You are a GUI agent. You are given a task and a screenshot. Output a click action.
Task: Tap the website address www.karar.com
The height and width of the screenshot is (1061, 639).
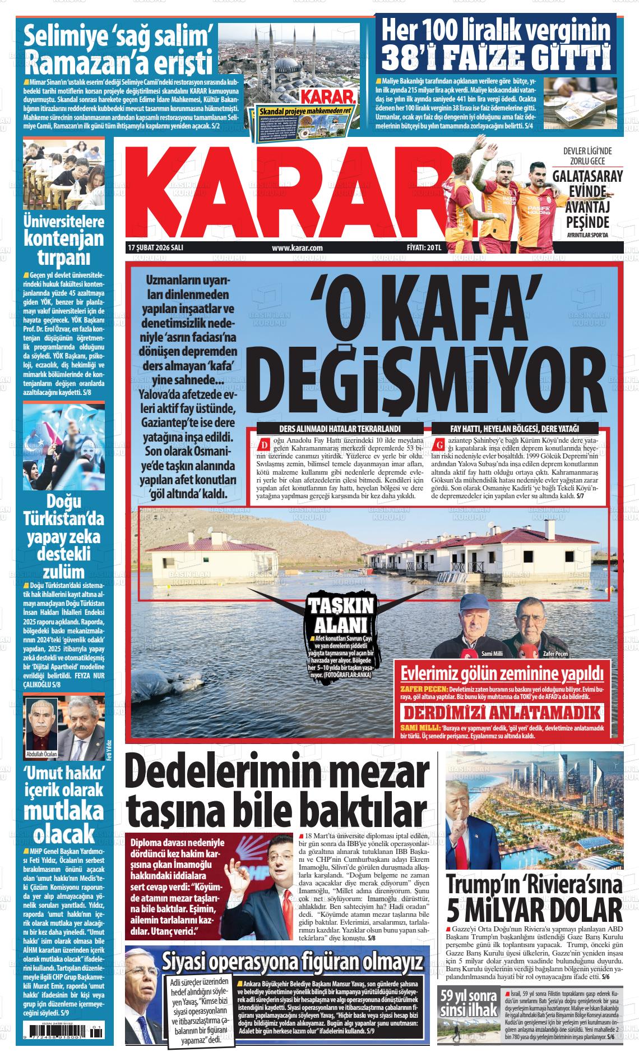pyautogui.click(x=297, y=247)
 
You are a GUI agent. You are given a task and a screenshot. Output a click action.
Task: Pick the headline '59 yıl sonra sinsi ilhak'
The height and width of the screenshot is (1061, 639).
pyautogui.click(x=469, y=1004)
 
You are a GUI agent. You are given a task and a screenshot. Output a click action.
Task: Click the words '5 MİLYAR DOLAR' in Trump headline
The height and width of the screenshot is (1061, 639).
pyautogui.click(x=534, y=908)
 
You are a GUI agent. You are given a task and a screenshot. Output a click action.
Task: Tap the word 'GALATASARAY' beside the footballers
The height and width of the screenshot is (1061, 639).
pyautogui.click(x=587, y=176)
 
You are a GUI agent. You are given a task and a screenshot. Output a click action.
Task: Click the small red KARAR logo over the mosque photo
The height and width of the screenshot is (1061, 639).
pyautogui.click(x=327, y=96)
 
